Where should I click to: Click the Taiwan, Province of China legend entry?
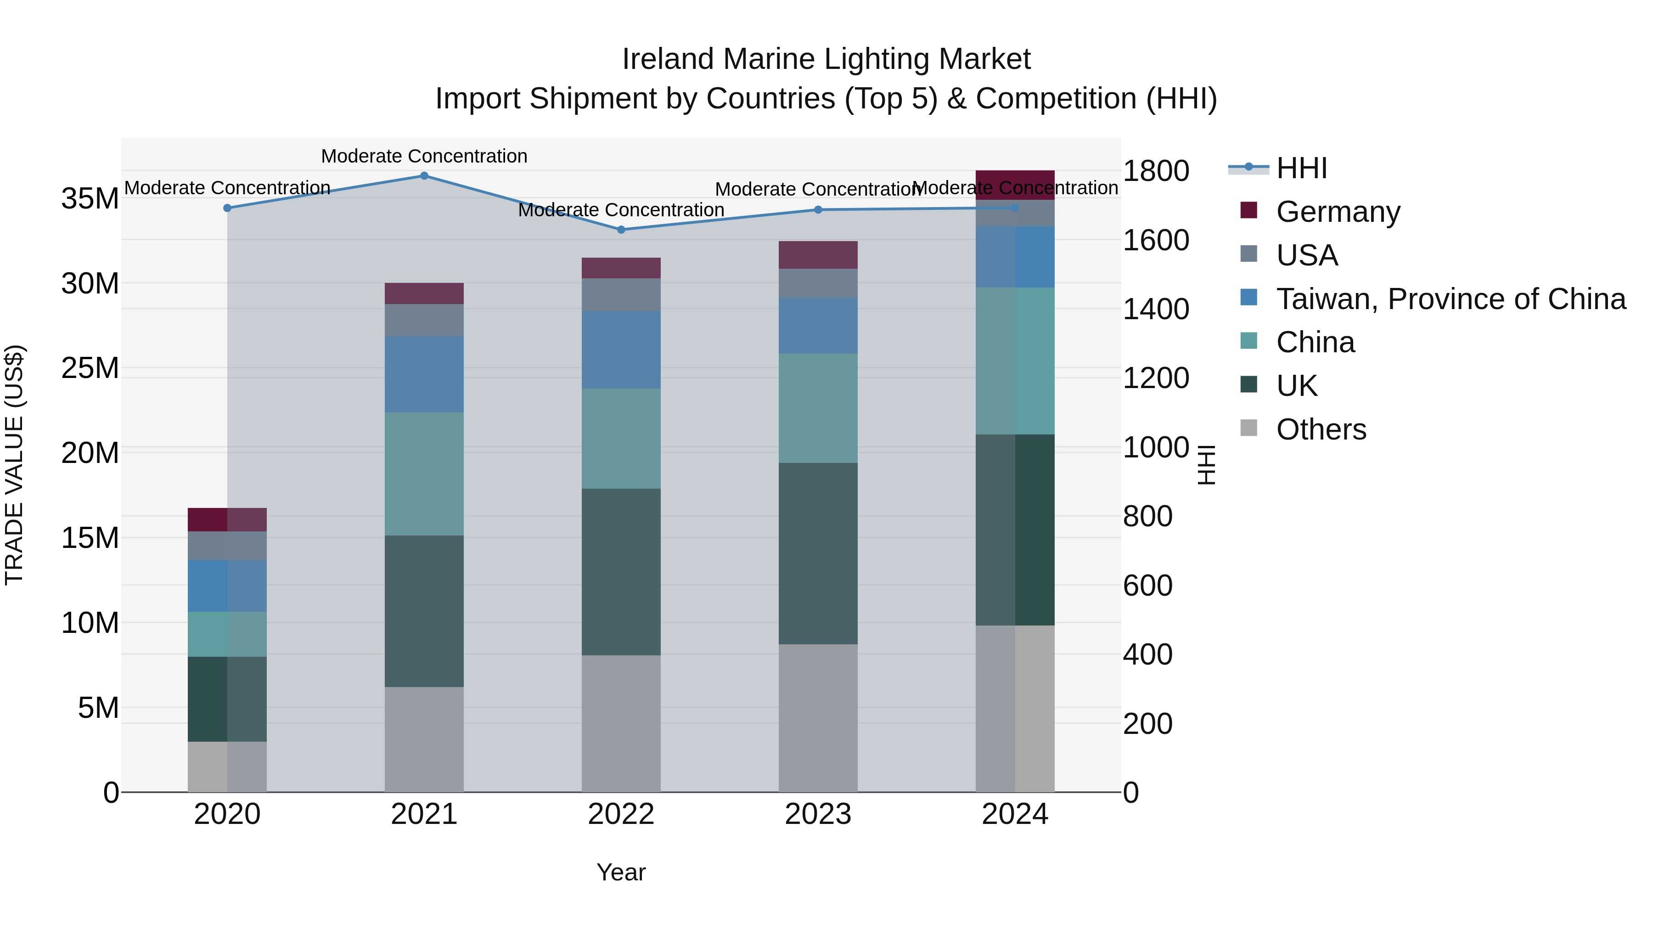point(1450,299)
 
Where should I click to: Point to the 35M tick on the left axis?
point(90,198)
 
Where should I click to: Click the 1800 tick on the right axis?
point(1156,171)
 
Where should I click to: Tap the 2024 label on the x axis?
point(1014,814)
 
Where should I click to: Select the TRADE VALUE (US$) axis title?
point(14,465)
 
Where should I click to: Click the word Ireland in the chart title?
point(667,59)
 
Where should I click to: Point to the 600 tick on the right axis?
point(1147,586)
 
